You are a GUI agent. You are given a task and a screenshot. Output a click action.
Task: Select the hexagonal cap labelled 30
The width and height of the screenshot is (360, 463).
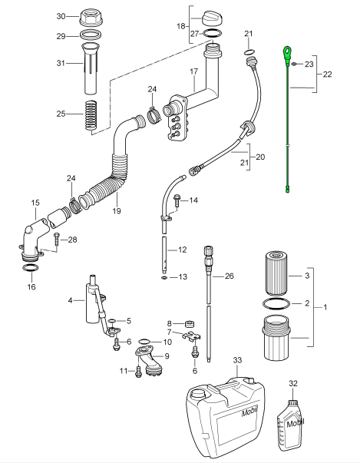[91, 17]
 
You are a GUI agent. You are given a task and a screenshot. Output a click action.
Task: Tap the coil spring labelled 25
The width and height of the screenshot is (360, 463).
[91, 115]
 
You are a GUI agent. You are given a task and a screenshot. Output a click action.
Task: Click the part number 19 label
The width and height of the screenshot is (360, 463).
[117, 211]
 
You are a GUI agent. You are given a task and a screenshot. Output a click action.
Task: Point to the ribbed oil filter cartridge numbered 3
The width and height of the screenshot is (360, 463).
[276, 273]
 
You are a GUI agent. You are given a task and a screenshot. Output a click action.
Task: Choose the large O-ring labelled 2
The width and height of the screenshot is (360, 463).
[276, 303]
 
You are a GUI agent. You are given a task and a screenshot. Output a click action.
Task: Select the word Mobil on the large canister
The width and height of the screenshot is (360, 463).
[249, 412]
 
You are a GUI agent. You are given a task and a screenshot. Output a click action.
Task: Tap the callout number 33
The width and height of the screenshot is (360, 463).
[237, 360]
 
